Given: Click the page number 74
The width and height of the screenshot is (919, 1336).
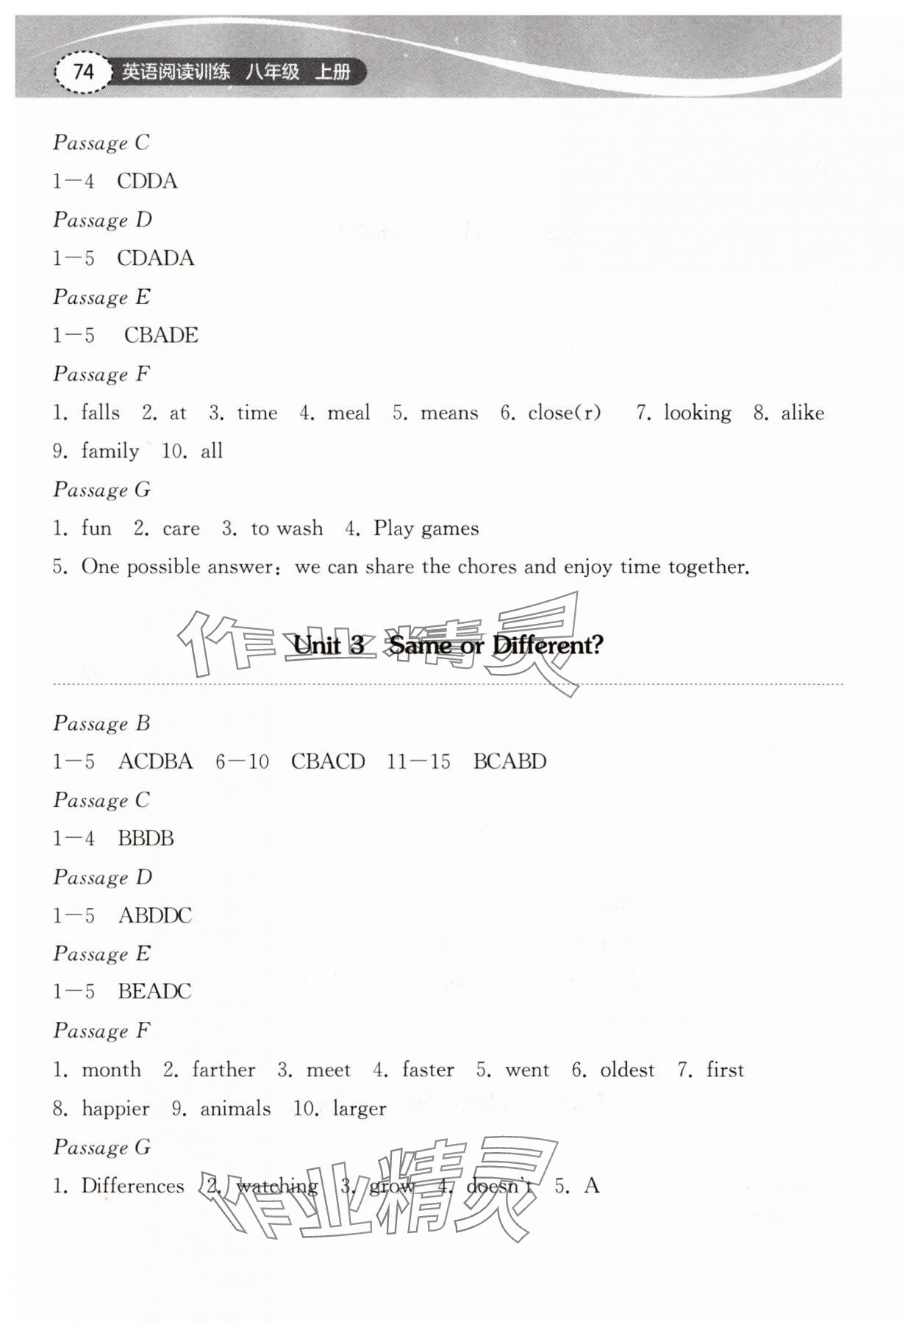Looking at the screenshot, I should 83,71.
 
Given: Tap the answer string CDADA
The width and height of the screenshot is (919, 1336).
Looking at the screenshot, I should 155,258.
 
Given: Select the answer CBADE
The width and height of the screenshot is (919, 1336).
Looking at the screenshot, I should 161,335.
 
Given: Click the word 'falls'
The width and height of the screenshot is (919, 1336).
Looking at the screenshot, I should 101,413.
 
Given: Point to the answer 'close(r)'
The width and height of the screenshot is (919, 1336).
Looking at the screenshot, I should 565,413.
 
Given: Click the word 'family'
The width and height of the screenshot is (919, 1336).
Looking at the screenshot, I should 110,451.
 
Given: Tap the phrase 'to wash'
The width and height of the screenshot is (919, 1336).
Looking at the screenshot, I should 287,528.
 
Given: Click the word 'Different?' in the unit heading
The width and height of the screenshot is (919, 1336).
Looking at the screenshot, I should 548,645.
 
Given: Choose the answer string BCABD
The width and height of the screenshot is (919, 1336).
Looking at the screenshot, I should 509,761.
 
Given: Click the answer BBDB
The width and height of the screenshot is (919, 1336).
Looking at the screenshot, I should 146,838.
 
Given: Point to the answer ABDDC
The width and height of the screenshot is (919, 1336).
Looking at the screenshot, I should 155,915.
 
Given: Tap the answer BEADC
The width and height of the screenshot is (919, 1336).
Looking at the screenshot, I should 154,992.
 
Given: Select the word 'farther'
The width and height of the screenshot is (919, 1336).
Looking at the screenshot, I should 224,1070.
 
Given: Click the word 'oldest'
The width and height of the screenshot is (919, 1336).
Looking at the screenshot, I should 627,1070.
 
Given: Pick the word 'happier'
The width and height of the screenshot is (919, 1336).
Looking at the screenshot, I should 115,1109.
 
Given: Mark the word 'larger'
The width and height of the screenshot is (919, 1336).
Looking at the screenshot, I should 360,1109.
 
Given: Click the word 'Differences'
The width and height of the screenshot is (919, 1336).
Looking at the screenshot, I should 132,1186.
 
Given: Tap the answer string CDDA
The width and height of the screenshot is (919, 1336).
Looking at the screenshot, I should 147,181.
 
